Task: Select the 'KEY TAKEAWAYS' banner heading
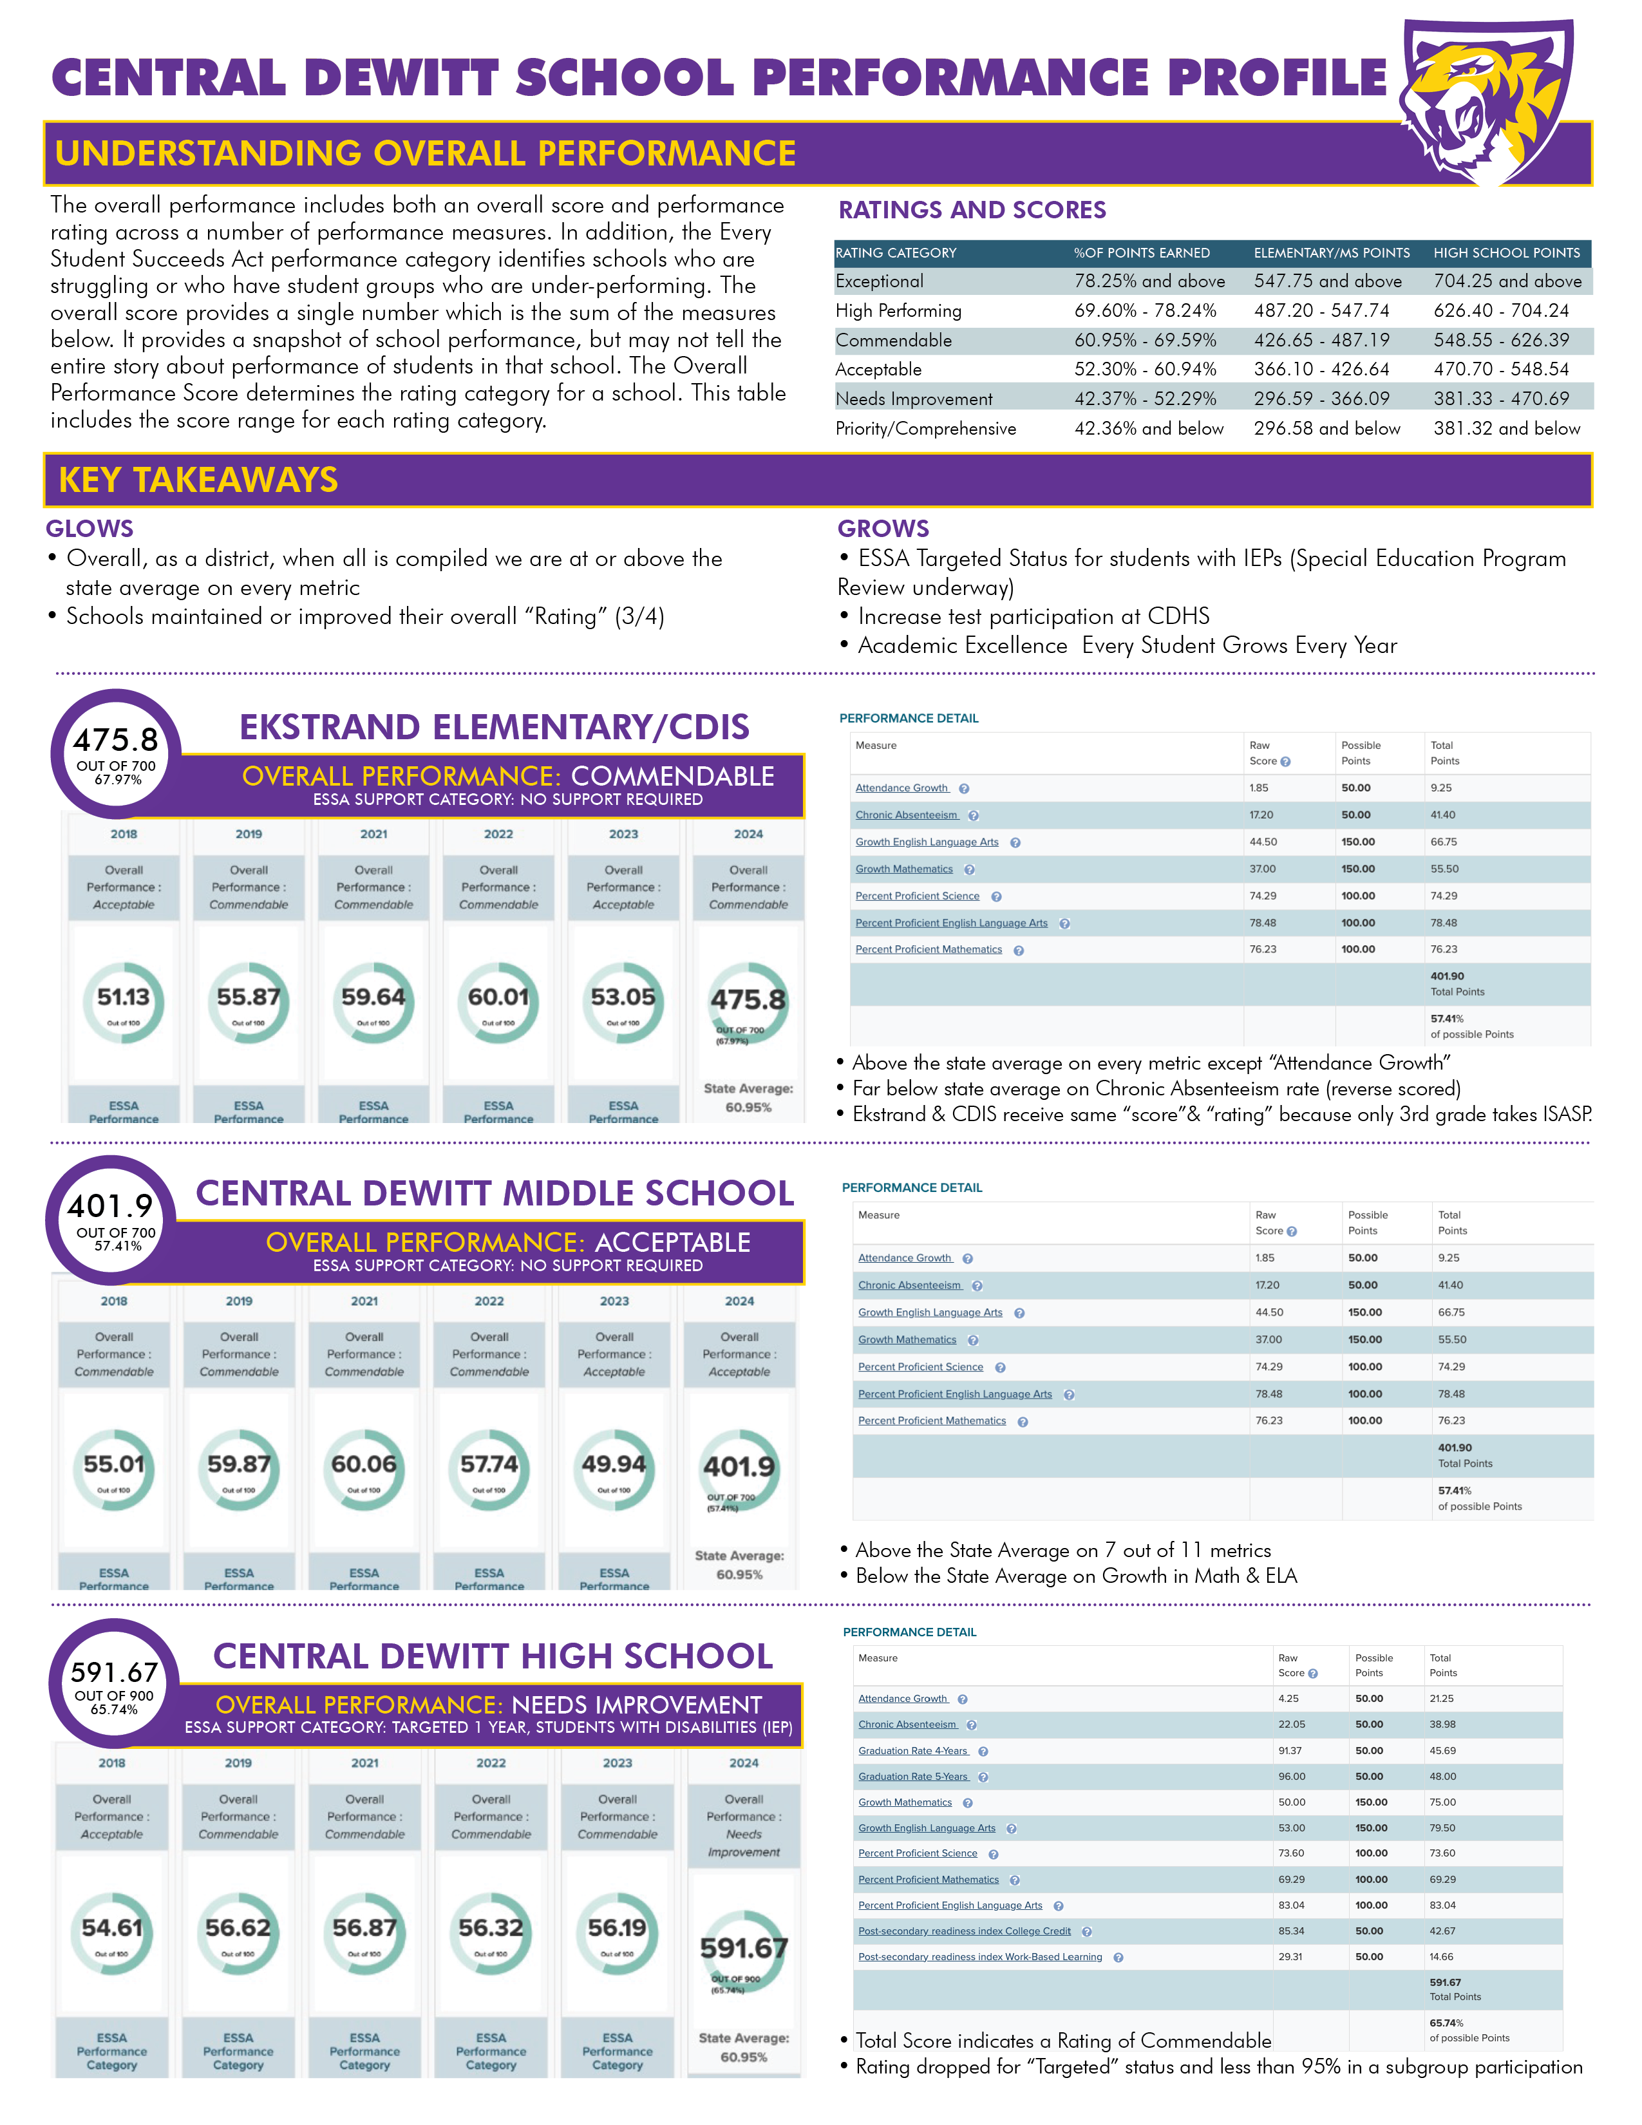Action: coord(198,480)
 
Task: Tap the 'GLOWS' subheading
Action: coord(90,528)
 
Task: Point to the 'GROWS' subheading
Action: coord(883,528)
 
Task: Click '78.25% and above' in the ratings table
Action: coord(1149,281)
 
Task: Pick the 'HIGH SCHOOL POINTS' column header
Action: coord(1506,253)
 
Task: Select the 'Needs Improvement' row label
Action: coord(914,399)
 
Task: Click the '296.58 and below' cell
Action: coord(1327,428)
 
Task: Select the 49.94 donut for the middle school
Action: coord(614,1468)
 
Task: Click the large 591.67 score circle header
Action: coord(114,1681)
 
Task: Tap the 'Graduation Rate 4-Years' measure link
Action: coord(912,1750)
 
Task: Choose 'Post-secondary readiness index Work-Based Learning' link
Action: coord(979,1957)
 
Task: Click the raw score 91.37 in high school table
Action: coord(1290,1750)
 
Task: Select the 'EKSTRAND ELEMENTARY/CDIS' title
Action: coord(494,727)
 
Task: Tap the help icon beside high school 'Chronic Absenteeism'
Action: coord(972,1725)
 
